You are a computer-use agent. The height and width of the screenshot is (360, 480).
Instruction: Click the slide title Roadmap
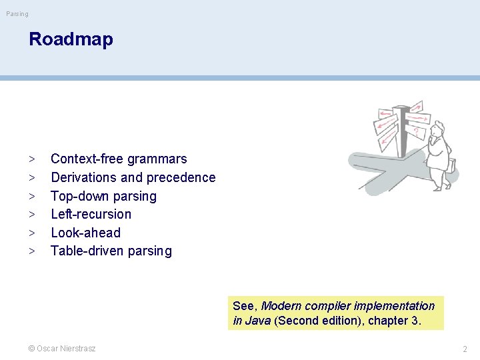pyautogui.click(x=71, y=39)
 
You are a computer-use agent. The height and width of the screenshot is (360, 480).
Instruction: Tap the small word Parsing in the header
pyautogui.click(x=17, y=14)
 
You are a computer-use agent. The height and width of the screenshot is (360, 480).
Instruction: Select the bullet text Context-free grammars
pyautogui.click(x=119, y=159)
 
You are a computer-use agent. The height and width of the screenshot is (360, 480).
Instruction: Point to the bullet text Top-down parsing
pyautogui.click(x=103, y=196)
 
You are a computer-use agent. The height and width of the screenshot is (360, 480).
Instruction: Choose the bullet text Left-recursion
pyautogui.click(x=91, y=214)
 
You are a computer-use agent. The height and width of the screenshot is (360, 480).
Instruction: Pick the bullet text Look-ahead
pyautogui.click(x=85, y=233)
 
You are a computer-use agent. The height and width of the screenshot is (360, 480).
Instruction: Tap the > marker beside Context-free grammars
pyautogui.click(x=31, y=159)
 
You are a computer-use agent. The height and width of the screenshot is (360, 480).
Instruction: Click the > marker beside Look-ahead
pyautogui.click(x=31, y=233)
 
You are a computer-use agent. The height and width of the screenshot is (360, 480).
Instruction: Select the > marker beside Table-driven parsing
pyautogui.click(x=31, y=251)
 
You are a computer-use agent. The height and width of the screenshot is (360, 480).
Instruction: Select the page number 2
pyautogui.click(x=465, y=349)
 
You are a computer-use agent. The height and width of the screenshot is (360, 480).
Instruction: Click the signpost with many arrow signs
pyautogui.click(x=400, y=127)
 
